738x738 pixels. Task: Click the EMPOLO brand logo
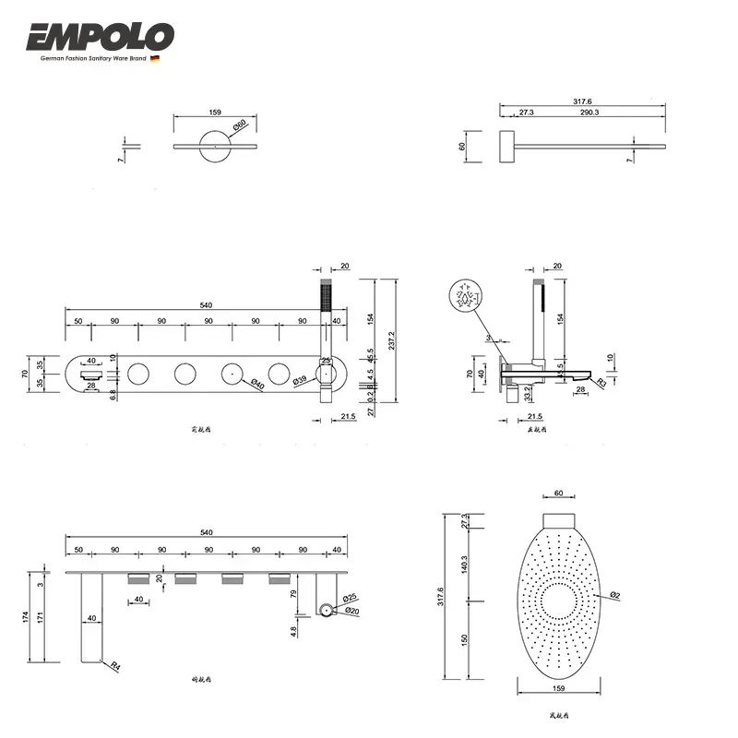100,37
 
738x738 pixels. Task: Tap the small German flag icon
155,58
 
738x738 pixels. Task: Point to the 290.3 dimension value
589,112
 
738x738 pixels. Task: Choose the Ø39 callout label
300,380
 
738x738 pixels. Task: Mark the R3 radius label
601,381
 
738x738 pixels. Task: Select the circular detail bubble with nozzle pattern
468,297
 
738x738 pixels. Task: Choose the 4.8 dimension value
293,632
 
